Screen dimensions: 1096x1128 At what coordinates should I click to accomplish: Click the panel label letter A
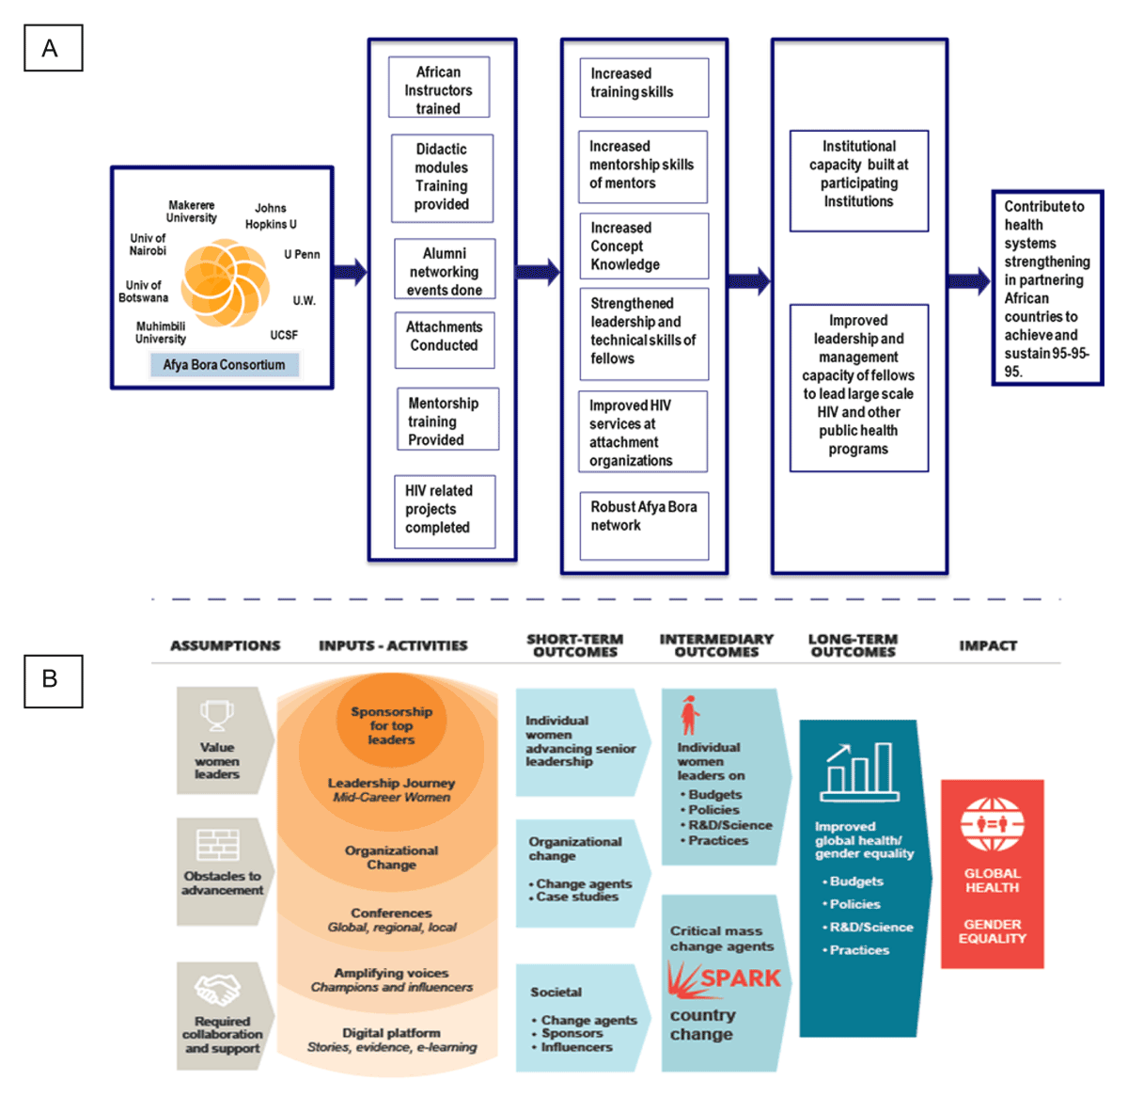[53, 48]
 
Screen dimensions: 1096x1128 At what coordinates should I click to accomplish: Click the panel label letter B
[53, 680]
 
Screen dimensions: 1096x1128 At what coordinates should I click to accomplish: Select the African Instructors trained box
[439, 88]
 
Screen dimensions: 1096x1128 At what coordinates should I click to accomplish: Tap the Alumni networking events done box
[445, 270]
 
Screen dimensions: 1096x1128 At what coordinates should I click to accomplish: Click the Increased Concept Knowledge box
[643, 246]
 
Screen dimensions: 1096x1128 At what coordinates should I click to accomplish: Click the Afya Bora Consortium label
[224, 365]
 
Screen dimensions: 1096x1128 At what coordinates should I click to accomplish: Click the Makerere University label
[192, 212]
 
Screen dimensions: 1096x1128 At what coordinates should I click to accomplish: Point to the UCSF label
[284, 335]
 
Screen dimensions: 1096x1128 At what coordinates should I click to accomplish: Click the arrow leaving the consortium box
[350, 272]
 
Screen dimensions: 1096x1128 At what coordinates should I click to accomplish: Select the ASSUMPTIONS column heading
[226, 645]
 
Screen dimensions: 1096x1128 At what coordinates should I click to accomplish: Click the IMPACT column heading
[988, 645]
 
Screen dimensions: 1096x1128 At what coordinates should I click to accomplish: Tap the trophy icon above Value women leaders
[217, 715]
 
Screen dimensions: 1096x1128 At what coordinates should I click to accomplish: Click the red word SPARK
[739, 978]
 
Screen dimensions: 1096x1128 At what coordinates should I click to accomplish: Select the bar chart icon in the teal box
[859, 769]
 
